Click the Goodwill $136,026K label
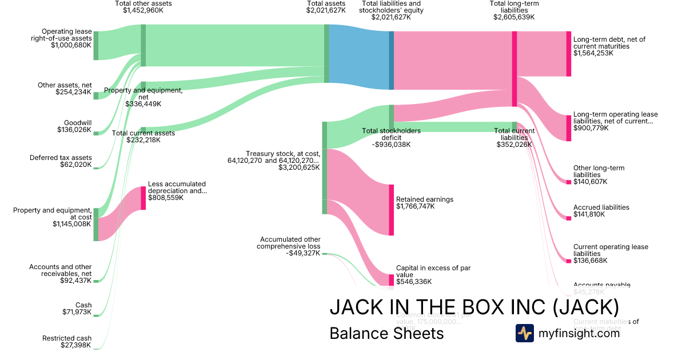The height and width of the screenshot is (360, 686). [x=74, y=126]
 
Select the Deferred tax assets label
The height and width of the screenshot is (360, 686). [x=61, y=161]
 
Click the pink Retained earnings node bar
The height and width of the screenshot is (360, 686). [x=392, y=210]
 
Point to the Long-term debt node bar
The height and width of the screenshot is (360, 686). [x=568, y=54]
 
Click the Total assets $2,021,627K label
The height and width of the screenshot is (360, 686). [x=326, y=7]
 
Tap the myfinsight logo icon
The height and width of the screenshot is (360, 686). [x=524, y=333]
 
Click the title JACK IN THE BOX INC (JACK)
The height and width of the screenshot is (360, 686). [x=474, y=307]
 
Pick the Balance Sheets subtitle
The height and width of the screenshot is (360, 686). [x=386, y=333]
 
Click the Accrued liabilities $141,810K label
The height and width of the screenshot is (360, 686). [x=601, y=211]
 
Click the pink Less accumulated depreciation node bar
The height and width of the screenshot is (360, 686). [x=143, y=198]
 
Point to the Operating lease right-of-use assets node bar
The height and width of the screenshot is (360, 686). [x=96, y=46]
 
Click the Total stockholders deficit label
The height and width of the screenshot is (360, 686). [x=392, y=137]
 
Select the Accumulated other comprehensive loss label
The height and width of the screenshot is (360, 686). [x=289, y=246]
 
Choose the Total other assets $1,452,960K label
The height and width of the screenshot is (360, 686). [x=143, y=7]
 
